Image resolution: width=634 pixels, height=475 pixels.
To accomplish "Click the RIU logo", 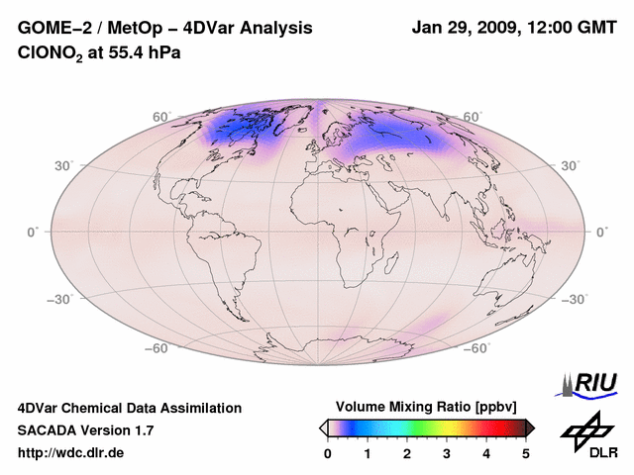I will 592,384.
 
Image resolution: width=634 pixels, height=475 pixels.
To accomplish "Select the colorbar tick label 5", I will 526,453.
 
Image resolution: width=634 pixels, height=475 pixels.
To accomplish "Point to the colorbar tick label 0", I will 328,453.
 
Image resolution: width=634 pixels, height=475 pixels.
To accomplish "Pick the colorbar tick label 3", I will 447,453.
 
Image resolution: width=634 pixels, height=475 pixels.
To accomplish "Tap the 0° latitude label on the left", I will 33,232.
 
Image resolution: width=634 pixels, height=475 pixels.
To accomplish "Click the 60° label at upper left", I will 161,117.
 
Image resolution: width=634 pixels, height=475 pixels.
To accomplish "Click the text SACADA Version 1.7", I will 85,430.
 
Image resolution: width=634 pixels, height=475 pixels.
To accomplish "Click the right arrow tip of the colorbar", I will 532,427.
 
